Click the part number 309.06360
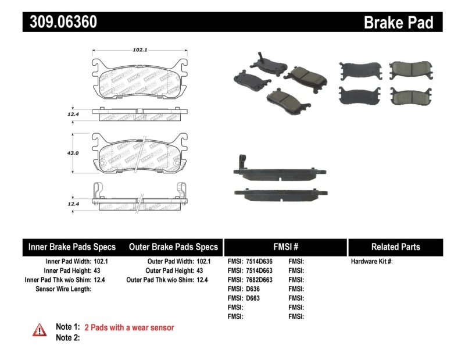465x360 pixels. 60,22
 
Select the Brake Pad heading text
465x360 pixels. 399,22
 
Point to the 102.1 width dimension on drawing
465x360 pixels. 138,50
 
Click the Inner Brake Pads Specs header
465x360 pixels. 72,247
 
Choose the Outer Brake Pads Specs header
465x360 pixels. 173,247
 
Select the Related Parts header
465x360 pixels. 395,247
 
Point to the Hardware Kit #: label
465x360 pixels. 372,262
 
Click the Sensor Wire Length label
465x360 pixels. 63,288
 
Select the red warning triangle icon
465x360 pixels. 40,330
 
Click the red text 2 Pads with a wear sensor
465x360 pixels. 129,327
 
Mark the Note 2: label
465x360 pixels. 67,338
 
